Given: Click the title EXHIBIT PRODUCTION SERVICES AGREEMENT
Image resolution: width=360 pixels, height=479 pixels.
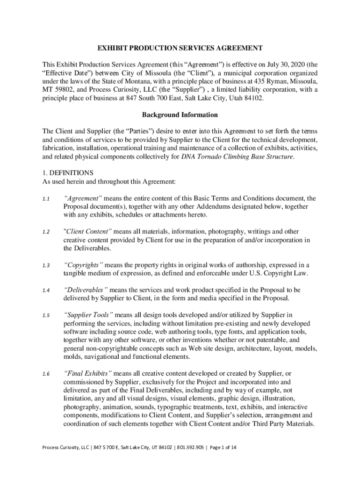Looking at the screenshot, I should click(180, 48).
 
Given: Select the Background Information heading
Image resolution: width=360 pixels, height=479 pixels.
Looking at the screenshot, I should click(180, 115).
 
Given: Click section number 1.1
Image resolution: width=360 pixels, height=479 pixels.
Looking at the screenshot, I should click(45, 199).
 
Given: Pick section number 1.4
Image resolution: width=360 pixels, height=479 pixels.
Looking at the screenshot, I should click(45, 290).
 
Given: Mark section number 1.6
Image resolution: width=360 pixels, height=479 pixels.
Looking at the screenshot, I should click(45, 374).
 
